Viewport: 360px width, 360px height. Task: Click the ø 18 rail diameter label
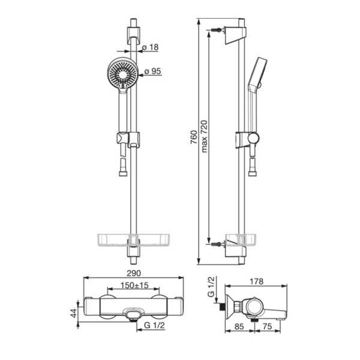[x=151, y=47]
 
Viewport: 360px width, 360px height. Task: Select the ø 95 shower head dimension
[x=153, y=71]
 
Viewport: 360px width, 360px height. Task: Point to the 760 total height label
[x=194, y=137]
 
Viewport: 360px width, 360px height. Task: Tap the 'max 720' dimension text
[x=204, y=136]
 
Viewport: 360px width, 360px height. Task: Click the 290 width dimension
[x=134, y=273]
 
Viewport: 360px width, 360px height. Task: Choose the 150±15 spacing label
[x=134, y=286]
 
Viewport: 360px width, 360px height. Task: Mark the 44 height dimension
[x=74, y=313]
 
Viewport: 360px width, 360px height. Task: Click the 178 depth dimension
[x=256, y=281]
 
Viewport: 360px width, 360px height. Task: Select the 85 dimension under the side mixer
[x=239, y=326]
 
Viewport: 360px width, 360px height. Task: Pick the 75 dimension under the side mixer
[x=268, y=326]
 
